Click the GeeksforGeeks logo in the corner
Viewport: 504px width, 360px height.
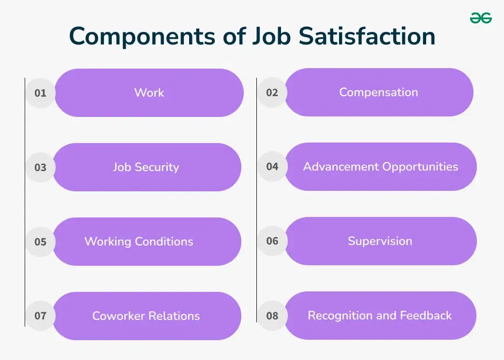point(481,18)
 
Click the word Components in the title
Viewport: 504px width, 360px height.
point(142,37)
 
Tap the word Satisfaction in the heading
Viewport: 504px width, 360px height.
point(367,36)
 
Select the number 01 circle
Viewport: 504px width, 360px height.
point(41,93)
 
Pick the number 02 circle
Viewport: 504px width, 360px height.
point(272,92)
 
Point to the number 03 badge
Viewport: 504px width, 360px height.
point(41,167)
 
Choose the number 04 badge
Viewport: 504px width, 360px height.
point(272,166)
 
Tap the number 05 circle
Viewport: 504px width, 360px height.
point(41,242)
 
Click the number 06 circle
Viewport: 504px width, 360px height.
point(272,241)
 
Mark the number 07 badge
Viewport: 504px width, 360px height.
point(41,316)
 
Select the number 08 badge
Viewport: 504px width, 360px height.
point(272,316)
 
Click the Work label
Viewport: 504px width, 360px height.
point(149,92)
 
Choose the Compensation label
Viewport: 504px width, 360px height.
point(379,92)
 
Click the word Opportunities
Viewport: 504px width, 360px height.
point(420,167)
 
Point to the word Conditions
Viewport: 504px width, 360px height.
point(164,242)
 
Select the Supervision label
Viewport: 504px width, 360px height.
point(380,241)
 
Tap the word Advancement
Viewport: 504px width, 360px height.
point(341,167)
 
